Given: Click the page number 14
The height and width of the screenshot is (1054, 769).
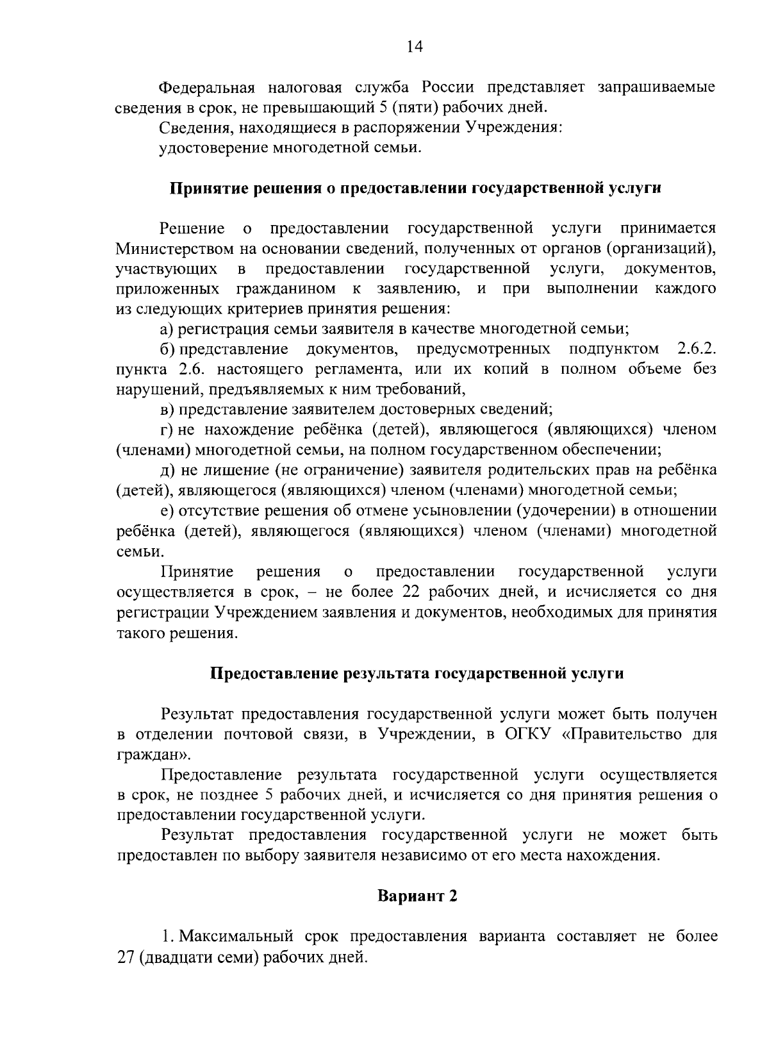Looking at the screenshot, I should coord(415,46).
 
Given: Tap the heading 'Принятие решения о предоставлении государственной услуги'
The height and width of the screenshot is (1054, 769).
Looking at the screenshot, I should coord(415,188).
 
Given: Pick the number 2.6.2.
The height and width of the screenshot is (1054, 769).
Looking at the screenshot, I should coord(696,349).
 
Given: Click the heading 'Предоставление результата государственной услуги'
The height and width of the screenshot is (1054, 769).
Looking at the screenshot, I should coord(417,674).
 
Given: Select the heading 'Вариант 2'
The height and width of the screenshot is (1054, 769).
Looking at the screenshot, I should coord(417,896).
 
